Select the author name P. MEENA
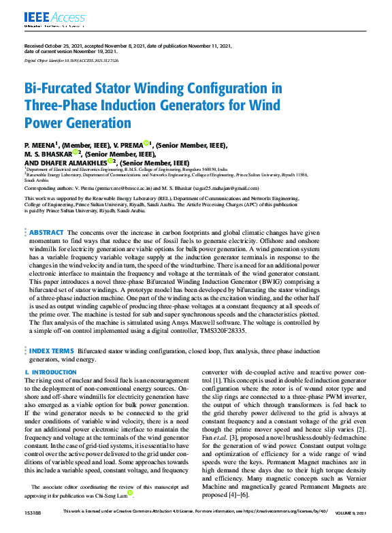coord(40,145)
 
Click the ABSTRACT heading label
coord(46,233)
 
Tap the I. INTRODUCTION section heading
coord(50,373)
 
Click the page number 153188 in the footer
coord(32,529)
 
